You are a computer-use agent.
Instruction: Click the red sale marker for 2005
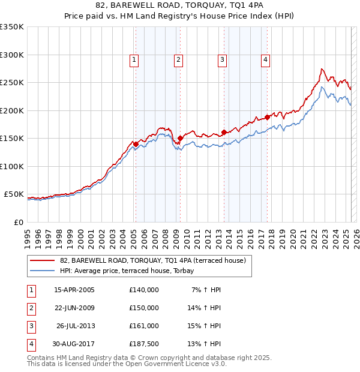[136, 144]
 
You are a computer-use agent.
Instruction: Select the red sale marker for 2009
[180, 139]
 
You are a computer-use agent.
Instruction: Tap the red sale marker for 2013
[224, 132]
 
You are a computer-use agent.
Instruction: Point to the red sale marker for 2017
[268, 118]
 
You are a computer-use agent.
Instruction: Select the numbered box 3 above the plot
[222, 59]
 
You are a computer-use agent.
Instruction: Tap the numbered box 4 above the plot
[265, 59]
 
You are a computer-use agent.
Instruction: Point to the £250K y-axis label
[12, 83]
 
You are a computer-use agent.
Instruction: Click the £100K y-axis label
[12, 166]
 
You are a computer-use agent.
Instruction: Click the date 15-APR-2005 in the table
[74, 290]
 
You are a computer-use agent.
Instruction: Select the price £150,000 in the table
[144, 308]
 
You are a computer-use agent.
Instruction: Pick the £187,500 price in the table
[144, 344]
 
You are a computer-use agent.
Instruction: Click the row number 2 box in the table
[29, 308]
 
